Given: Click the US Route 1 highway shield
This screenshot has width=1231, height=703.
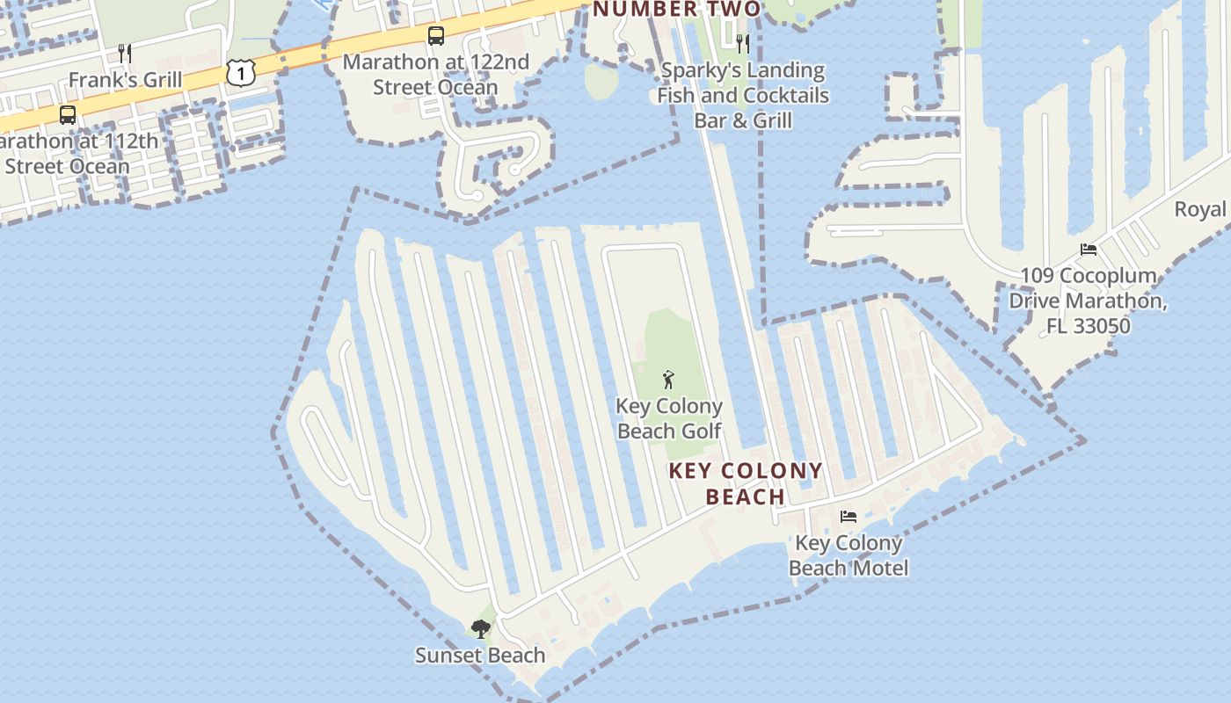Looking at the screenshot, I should [x=240, y=73].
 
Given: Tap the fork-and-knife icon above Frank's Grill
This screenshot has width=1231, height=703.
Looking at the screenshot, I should [x=125, y=54].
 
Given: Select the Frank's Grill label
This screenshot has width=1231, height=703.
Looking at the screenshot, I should [x=125, y=80].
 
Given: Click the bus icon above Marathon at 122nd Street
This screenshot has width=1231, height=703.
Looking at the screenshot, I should [x=436, y=36].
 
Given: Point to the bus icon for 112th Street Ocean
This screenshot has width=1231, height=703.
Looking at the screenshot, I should [x=67, y=115].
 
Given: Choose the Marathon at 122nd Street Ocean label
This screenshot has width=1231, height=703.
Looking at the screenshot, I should [x=435, y=75].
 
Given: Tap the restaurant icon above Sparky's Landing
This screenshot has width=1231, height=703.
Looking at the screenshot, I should [x=743, y=43].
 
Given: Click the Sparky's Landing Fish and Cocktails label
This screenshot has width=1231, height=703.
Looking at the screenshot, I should [x=743, y=95].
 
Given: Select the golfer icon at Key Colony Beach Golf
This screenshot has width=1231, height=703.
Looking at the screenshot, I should [x=668, y=380].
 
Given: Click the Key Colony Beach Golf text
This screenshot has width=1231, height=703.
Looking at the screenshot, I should [x=669, y=418].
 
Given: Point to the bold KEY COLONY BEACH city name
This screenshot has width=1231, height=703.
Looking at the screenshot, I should [x=746, y=483].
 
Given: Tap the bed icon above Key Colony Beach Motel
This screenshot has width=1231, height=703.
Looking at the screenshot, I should [x=848, y=516].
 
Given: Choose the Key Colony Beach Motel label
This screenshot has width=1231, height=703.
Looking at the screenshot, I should [x=848, y=555].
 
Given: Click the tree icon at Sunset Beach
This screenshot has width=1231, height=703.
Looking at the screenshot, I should [x=480, y=628].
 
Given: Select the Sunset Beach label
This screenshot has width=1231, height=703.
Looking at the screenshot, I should [x=480, y=656].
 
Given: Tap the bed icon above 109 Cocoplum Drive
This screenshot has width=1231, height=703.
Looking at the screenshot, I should [x=1089, y=249].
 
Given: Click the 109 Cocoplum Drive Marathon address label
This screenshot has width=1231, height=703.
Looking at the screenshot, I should [x=1088, y=301].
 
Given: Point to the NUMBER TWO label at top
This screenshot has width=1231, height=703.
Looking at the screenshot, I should [x=676, y=10].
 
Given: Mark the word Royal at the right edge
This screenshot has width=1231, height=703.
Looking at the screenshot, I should [x=1199, y=209].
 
